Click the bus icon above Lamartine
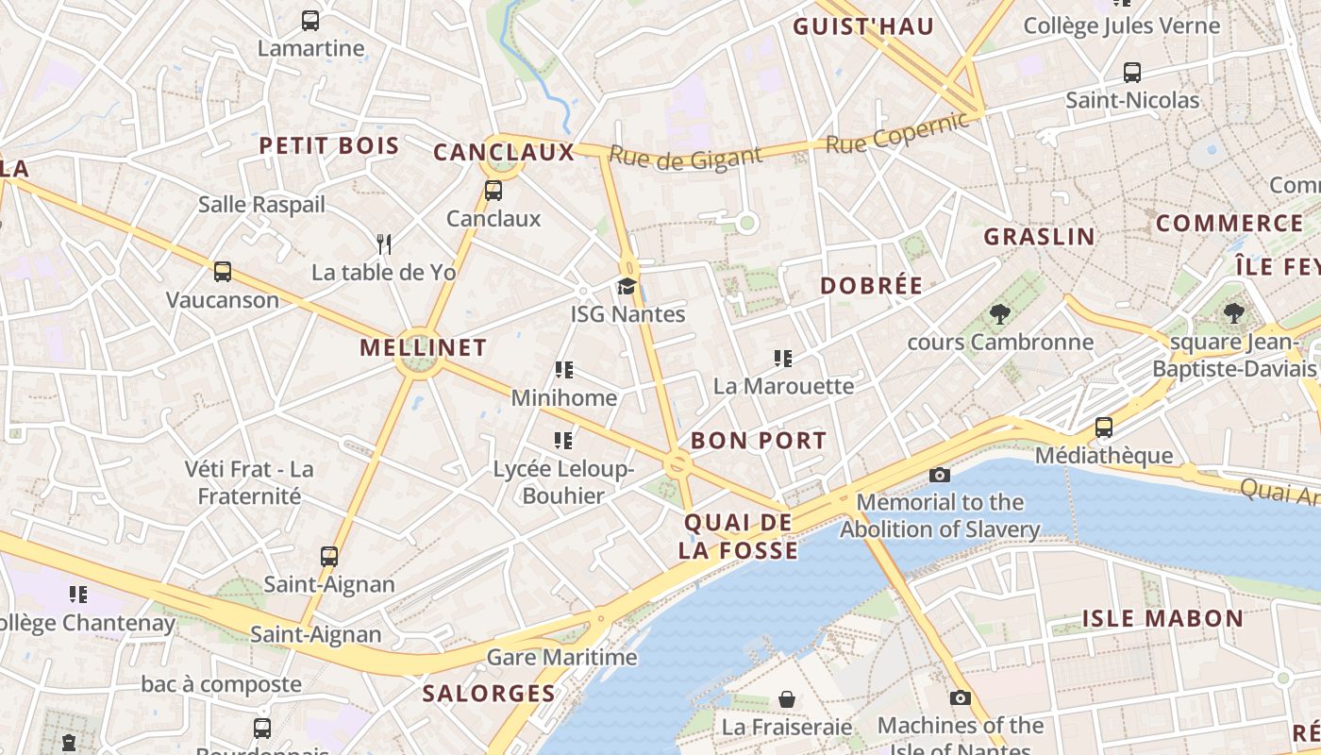point(309,20)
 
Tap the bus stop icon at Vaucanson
point(223,272)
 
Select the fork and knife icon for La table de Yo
point(383,244)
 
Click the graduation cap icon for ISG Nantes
point(627,286)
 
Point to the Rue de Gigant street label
point(685,158)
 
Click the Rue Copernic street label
point(897,133)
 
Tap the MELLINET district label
point(424,347)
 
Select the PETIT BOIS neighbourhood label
point(329,145)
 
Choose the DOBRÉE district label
point(871,286)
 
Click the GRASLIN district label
point(1040,236)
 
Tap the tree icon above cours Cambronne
point(1000,314)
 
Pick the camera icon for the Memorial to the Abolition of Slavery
point(939,475)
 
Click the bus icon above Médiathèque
point(1104,428)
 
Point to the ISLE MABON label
point(1162,619)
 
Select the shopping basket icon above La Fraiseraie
point(786,699)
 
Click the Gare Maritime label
point(562,657)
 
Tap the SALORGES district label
point(489,694)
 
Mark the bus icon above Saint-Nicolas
point(1132,72)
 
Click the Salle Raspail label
point(261,204)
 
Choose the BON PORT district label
point(759,441)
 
